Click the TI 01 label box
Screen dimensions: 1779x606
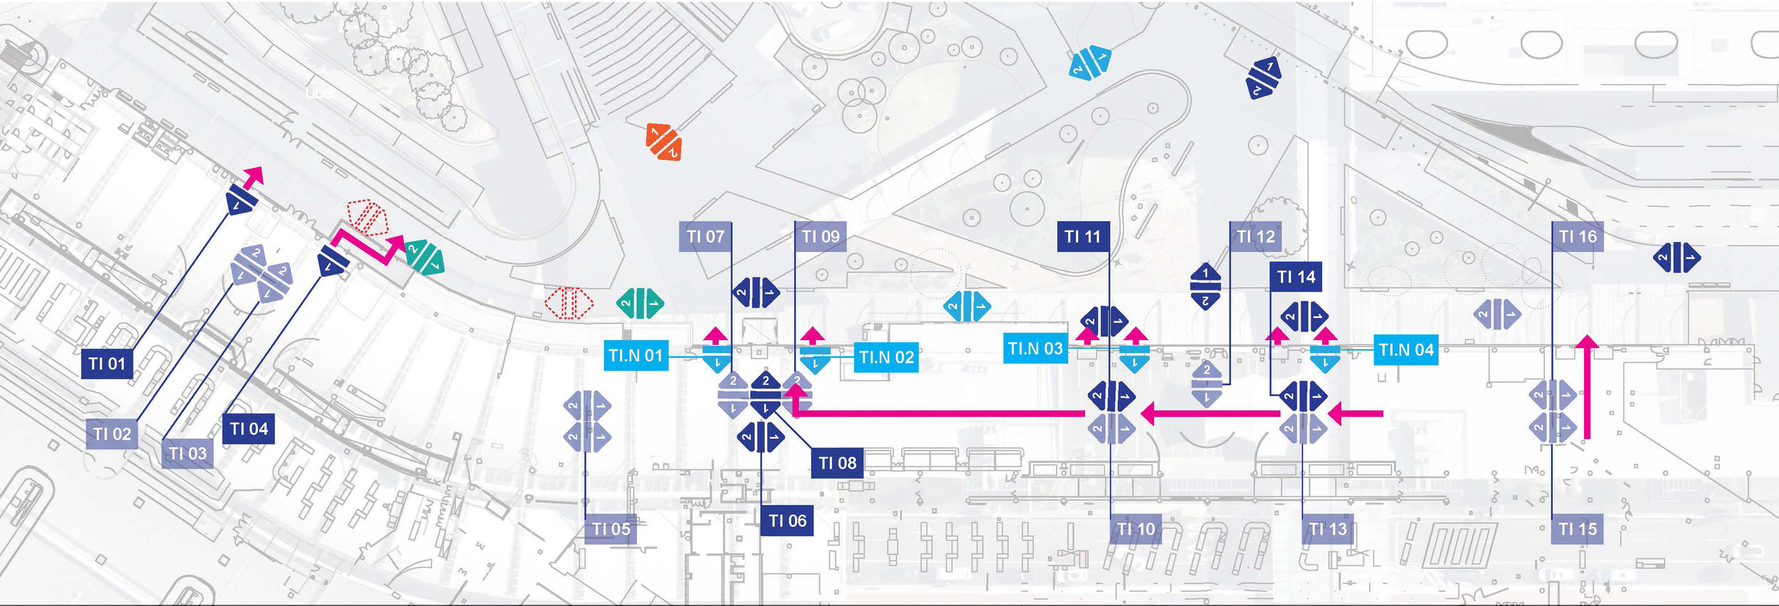(107, 363)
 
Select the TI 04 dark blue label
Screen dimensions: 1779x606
(248, 429)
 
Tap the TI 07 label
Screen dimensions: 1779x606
(705, 236)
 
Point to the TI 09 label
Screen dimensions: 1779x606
(820, 236)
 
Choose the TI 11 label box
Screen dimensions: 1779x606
(1082, 236)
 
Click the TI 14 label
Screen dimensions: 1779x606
(1296, 277)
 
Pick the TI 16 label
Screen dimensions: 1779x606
(1578, 236)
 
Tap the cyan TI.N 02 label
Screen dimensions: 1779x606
(886, 357)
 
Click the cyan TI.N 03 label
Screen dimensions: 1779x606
(1035, 349)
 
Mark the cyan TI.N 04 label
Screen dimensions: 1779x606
(1405, 350)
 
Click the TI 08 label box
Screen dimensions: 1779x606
(838, 463)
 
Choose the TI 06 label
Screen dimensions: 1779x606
(787, 521)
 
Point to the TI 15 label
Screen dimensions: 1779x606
(1578, 529)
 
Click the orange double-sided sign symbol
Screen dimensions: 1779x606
(663, 142)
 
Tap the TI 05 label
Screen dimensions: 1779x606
(611, 529)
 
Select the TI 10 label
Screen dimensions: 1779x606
(1136, 529)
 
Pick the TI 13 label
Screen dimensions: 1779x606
(1328, 529)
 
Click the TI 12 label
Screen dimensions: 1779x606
(1256, 236)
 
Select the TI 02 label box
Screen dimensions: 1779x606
(112, 434)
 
